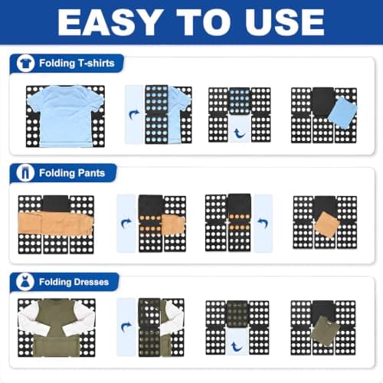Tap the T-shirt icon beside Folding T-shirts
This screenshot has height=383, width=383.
click(x=25, y=63)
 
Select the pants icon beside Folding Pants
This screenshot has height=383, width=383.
click(x=25, y=173)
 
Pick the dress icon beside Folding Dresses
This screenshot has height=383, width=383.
click(x=25, y=282)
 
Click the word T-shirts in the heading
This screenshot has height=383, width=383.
click(x=97, y=63)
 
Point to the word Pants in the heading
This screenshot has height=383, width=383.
click(x=91, y=173)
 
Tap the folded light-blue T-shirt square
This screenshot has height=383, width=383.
click(x=342, y=113)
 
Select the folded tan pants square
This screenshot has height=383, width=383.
click(x=328, y=224)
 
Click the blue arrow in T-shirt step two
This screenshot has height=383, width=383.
click(x=134, y=115)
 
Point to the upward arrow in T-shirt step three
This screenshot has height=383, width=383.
click(x=240, y=133)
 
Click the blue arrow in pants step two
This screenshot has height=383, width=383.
click(x=126, y=224)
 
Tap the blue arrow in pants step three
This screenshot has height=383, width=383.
click(x=263, y=224)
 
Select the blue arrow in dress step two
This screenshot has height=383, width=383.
click(x=126, y=327)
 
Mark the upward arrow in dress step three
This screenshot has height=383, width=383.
click(x=237, y=347)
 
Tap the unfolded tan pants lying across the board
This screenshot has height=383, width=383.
click(x=55, y=224)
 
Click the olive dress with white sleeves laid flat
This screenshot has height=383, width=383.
click(x=57, y=328)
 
